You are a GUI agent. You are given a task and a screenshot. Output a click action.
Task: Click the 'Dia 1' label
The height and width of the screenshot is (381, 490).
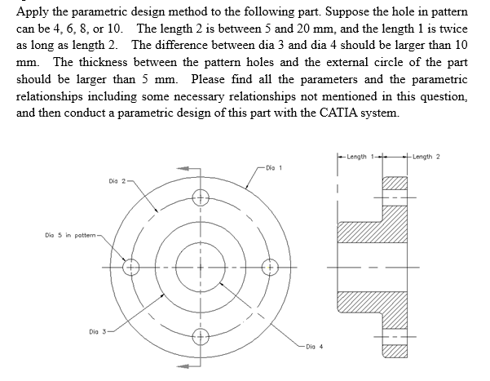point(273,168)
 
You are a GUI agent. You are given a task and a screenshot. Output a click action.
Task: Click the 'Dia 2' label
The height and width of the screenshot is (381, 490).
point(116,180)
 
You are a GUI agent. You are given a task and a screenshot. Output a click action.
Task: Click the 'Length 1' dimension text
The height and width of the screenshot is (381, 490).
point(358,157)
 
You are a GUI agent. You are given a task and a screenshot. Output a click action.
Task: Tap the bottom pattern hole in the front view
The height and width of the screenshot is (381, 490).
point(198,336)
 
